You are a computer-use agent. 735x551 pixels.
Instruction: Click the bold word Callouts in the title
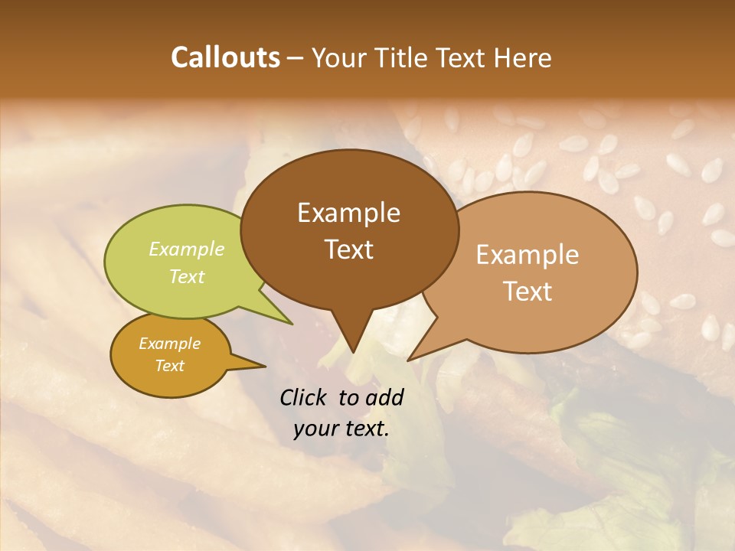(x=225, y=57)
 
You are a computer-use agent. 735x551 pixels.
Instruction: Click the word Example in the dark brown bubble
(x=348, y=213)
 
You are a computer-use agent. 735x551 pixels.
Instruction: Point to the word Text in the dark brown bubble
(x=348, y=249)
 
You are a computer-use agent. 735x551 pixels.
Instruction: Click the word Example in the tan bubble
(x=528, y=255)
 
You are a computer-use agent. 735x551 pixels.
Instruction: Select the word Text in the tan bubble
(x=528, y=291)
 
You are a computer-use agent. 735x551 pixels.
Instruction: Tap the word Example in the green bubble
(x=187, y=249)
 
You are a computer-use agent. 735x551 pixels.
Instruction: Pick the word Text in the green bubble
(x=187, y=276)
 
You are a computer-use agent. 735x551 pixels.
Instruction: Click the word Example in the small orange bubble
(x=169, y=344)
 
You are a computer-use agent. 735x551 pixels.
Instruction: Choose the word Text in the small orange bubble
(x=169, y=366)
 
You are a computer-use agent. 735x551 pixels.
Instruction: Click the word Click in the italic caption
(x=304, y=397)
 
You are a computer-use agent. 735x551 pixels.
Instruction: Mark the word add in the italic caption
(x=384, y=397)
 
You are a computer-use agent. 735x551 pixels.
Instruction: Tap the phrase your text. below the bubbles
(x=341, y=429)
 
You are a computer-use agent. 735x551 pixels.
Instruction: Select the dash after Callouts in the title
(x=296, y=57)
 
